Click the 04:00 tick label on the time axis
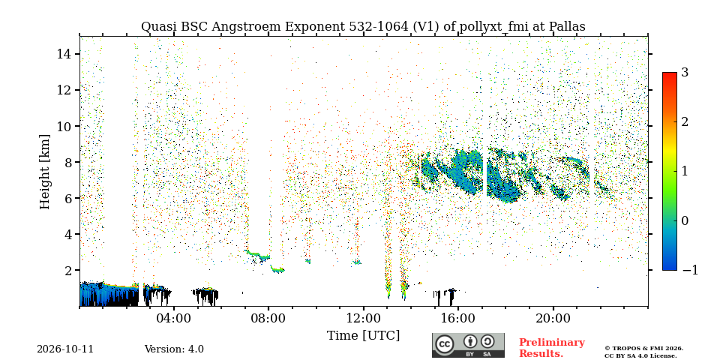pyautogui.click(x=174, y=318)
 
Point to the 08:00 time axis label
pyautogui.click(x=268, y=318)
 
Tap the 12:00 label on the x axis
pyautogui.click(x=364, y=318)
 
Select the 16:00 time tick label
pyautogui.click(x=458, y=318)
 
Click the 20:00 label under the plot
pyautogui.click(x=553, y=318)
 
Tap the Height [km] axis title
pyautogui.click(x=44, y=172)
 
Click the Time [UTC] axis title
pyautogui.click(x=363, y=336)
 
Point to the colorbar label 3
pyautogui.click(x=685, y=73)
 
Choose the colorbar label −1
pyautogui.click(x=690, y=270)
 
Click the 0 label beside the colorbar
pyautogui.click(x=685, y=220)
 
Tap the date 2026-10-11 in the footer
pyautogui.click(x=65, y=349)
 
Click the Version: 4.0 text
pyautogui.click(x=174, y=349)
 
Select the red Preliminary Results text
pyautogui.click(x=552, y=348)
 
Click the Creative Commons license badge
pyautogui.click(x=468, y=345)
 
